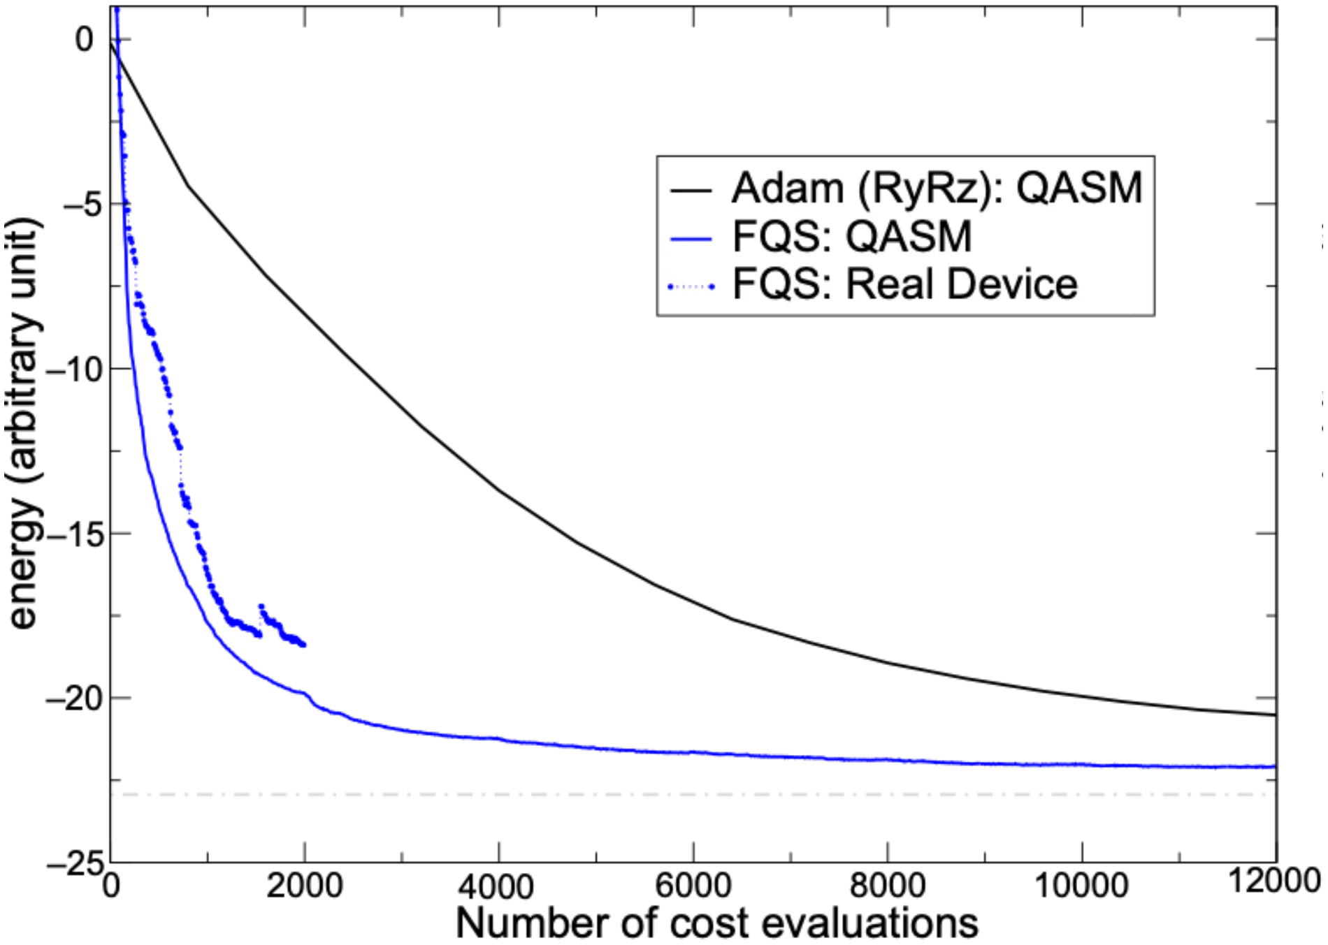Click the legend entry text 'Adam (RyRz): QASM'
point(937,189)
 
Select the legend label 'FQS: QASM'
point(852,236)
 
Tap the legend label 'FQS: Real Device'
point(905,284)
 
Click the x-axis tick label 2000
point(305,886)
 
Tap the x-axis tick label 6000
point(693,886)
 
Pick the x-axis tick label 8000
point(888,886)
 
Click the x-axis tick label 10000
point(1081,886)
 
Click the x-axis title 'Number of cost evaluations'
point(717,923)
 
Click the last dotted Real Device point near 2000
point(303,645)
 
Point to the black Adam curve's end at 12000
point(1276,715)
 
